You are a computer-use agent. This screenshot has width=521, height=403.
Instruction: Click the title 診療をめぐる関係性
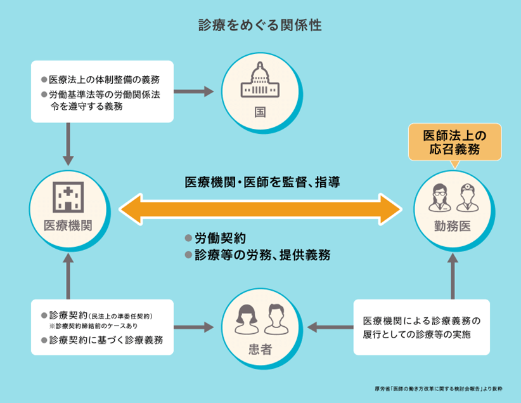pyautogui.click(x=260, y=25)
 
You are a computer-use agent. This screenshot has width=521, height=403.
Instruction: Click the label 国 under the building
pyautogui.click(x=260, y=112)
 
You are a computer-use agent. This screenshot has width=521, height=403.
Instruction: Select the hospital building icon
pyautogui.click(x=68, y=197)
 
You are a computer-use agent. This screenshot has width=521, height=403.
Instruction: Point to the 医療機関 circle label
pyautogui.click(x=68, y=226)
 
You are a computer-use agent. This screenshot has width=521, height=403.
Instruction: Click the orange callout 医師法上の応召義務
pyautogui.click(x=455, y=142)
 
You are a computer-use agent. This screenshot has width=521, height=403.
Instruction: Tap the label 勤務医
pyautogui.click(x=453, y=227)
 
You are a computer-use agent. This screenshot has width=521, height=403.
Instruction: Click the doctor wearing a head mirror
pyautogui.click(x=468, y=198)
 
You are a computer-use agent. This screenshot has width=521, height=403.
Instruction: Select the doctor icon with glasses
pyautogui.click(x=440, y=198)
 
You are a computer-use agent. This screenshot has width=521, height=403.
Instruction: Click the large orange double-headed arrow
pyautogui.click(x=260, y=209)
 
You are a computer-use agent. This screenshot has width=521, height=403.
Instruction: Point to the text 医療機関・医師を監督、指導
pyautogui.click(x=262, y=182)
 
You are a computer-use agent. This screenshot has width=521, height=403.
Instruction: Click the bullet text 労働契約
pyautogui.click(x=221, y=238)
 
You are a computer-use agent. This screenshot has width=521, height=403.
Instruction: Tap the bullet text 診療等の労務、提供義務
pyautogui.click(x=262, y=255)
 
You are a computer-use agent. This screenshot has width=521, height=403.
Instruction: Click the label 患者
pyautogui.click(x=260, y=350)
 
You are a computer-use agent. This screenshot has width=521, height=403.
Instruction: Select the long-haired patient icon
pyautogui.click(x=247, y=319)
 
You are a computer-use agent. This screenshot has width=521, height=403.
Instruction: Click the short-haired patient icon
pyautogui.click(x=276, y=319)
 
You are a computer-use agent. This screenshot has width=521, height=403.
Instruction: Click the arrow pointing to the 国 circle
pyautogui.click(x=194, y=91)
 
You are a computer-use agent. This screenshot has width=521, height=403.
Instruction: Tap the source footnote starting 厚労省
pyautogui.click(x=439, y=388)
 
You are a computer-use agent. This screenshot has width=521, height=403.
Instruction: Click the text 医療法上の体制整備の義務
pyautogui.click(x=105, y=79)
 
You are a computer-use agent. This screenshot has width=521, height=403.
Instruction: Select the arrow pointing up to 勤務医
pyautogui.click(x=453, y=276)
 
